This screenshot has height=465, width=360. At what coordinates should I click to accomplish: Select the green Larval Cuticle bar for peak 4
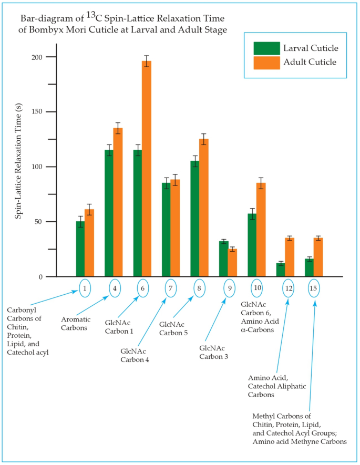coord(109,213)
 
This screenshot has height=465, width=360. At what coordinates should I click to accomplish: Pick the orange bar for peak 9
coord(232,263)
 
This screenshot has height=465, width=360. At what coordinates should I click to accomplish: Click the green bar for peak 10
coord(252,245)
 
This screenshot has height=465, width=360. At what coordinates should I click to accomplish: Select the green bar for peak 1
coord(80,249)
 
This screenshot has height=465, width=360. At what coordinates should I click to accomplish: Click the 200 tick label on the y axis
coord(50,57)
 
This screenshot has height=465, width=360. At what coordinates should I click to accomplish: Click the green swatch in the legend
coord(266,48)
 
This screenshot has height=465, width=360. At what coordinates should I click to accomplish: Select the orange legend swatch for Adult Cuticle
coord(266,63)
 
